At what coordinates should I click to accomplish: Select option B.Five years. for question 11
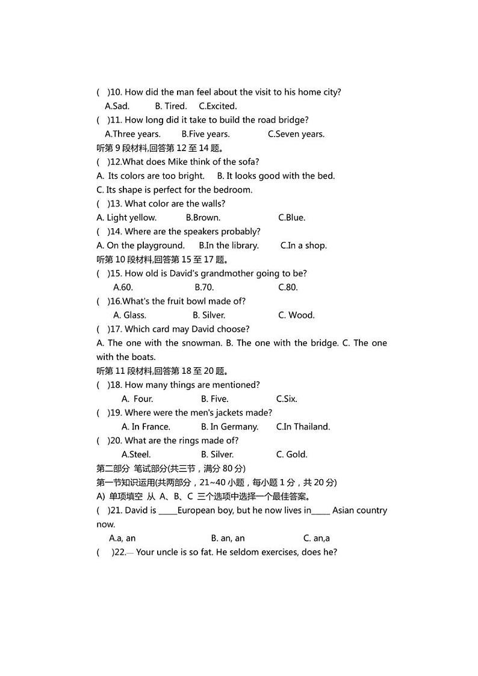pos(205,134)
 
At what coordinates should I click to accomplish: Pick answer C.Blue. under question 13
pos(291,217)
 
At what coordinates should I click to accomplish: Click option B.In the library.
pos(229,245)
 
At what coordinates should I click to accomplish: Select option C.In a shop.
pos(303,245)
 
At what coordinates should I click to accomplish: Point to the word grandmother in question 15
pos(229,273)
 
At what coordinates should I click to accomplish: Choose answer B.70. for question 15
pos(204,287)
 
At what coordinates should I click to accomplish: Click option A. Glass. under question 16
pos(129,315)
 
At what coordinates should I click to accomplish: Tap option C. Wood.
pos(296,315)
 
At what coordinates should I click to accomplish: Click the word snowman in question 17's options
pos(193,343)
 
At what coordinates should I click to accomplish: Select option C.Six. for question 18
pos(287,398)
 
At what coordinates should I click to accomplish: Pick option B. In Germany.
pos(229,427)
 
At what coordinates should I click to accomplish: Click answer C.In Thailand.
pos(303,427)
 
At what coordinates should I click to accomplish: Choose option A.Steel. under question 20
pos(136,454)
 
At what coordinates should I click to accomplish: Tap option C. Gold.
pos(291,454)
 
